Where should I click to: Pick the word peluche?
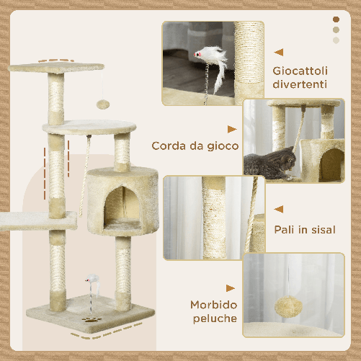(214, 318)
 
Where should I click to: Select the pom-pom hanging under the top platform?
(103, 104)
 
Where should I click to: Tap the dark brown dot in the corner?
(336, 19)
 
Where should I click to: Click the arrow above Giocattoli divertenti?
(280, 52)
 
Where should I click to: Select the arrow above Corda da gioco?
(231, 129)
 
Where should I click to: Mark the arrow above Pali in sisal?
(280, 210)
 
